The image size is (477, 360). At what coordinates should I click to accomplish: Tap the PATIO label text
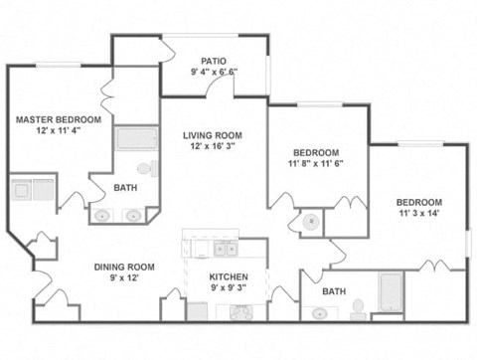pyautogui.click(x=214, y=60)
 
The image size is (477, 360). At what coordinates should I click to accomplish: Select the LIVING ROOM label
pyautogui.click(x=213, y=135)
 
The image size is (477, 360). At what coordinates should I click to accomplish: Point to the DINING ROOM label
pyautogui.click(x=124, y=267)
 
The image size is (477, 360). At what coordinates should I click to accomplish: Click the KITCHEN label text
pyautogui.click(x=228, y=277)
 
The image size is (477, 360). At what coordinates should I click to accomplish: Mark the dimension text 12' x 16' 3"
pyautogui.click(x=213, y=147)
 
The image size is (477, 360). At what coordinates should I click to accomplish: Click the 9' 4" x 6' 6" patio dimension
pyautogui.click(x=214, y=72)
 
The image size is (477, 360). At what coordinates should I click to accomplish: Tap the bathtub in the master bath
pyautogui.click(x=136, y=138)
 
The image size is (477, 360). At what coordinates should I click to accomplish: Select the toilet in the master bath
pyautogui.click(x=146, y=168)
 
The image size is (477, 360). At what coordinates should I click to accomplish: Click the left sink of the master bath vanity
pyautogui.click(x=103, y=214)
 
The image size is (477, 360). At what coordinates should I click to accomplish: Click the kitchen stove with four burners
pyautogui.click(x=241, y=312)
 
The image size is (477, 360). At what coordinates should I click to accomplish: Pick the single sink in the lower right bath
pyautogui.click(x=319, y=313)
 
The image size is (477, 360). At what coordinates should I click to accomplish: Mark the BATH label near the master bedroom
pyautogui.click(x=125, y=187)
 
